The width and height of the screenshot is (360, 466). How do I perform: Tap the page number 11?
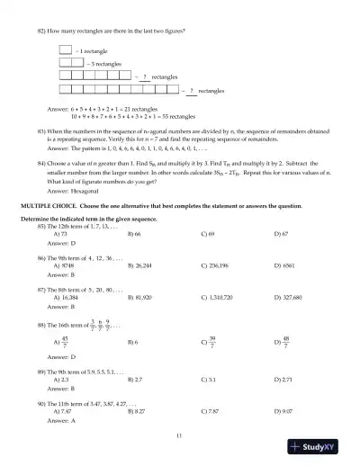180,435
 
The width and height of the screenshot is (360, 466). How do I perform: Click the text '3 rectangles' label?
105,66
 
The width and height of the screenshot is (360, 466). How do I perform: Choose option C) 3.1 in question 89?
209,381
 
